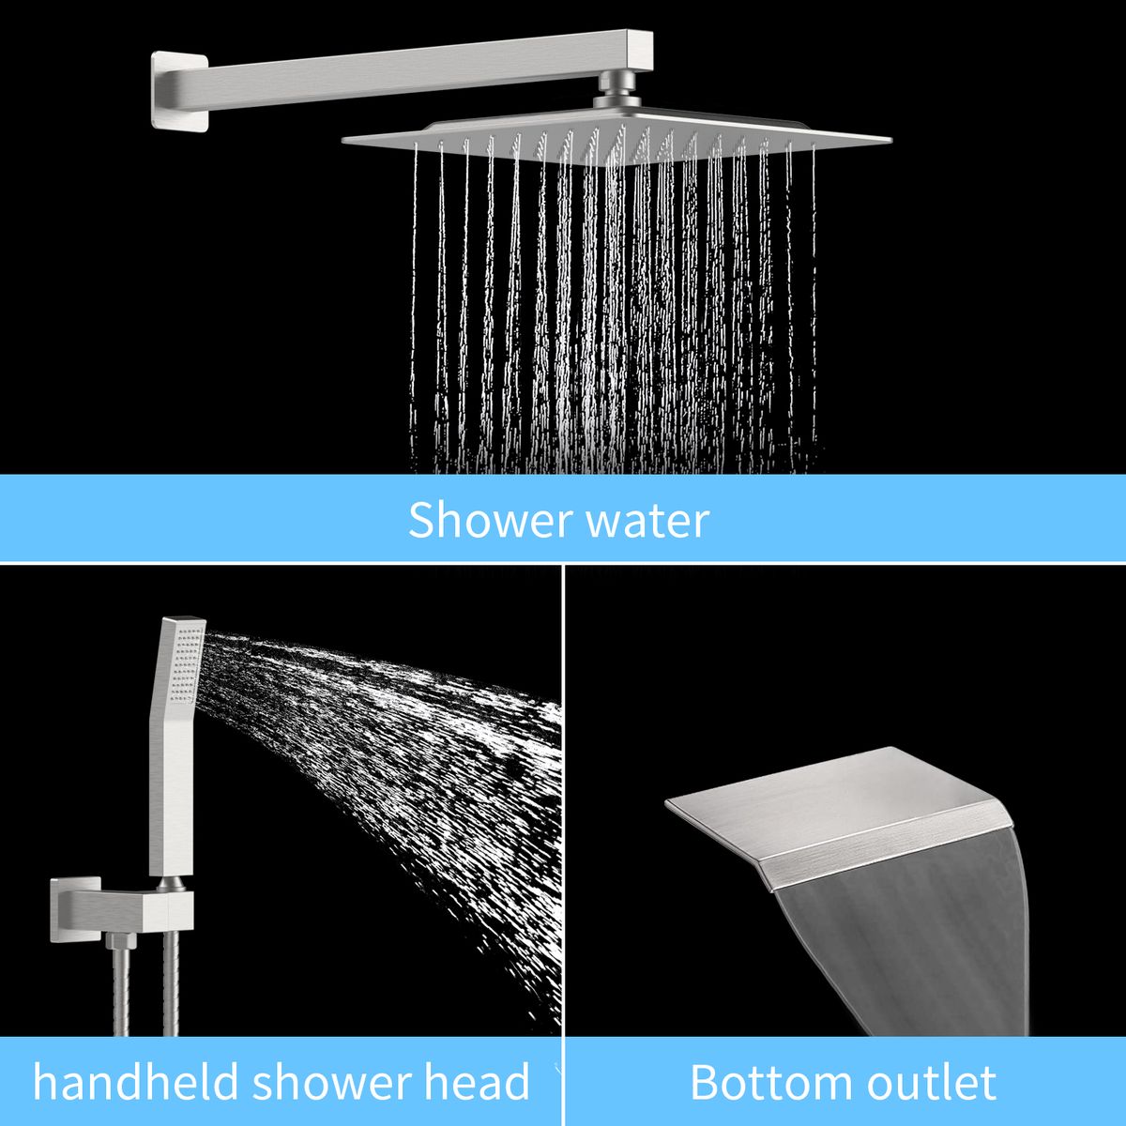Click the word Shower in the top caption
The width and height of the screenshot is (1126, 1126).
pyautogui.click(x=490, y=520)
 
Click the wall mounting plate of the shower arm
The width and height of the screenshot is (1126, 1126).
pyautogui.click(x=179, y=89)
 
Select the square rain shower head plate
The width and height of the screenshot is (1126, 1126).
pyautogui.click(x=616, y=138)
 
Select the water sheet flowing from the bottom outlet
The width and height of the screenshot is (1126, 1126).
pyautogui.click(x=911, y=947)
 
